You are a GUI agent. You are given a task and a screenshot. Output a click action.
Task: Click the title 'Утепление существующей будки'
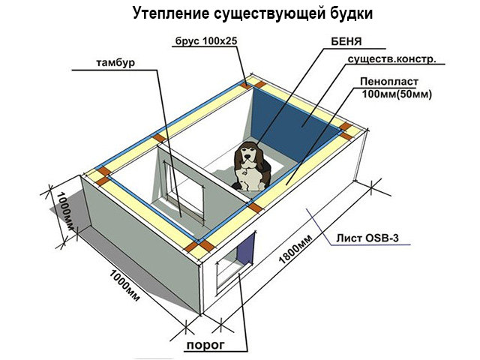[x=239, y=13]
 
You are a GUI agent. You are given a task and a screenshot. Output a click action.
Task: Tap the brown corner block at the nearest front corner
[x=196, y=247]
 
